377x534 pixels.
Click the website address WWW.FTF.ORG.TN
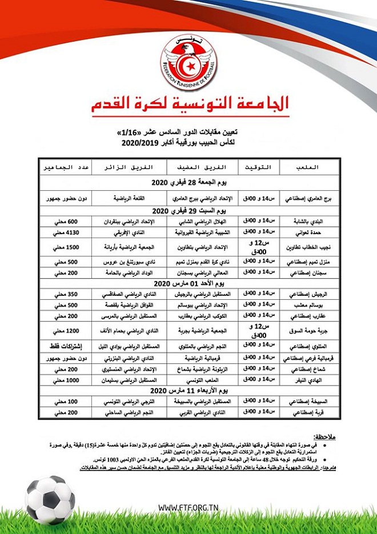(x=188, y=508)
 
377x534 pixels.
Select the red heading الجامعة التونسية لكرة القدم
(x=188, y=104)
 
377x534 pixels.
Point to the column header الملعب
(x=308, y=167)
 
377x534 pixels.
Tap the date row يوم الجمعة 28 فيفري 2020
(x=188, y=183)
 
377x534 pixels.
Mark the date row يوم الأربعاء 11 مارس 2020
(x=188, y=390)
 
